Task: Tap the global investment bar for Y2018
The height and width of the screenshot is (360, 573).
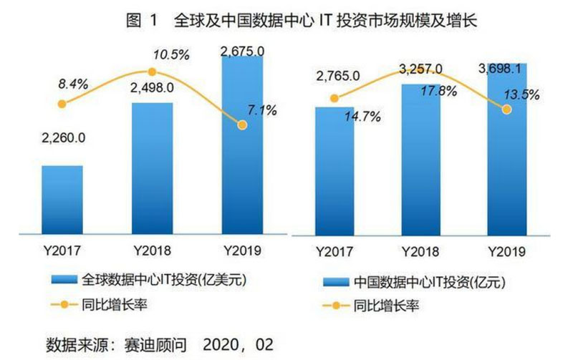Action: click(x=153, y=167)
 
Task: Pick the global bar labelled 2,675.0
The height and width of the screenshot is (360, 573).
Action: click(x=242, y=144)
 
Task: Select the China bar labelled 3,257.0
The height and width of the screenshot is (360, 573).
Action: click(x=421, y=158)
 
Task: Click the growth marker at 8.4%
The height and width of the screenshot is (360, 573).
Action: click(x=62, y=104)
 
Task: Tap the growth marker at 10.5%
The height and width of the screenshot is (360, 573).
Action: click(x=152, y=72)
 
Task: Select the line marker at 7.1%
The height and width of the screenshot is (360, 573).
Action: click(x=242, y=125)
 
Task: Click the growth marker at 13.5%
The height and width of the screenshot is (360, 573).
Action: click(x=507, y=110)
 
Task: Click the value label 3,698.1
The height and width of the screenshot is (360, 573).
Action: click(x=509, y=70)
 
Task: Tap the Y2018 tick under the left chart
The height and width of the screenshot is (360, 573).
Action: click(x=152, y=251)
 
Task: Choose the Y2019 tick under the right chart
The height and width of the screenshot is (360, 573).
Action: click(x=507, y=251)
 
